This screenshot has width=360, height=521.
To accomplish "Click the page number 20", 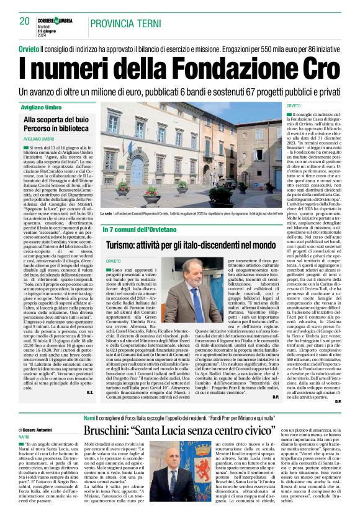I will (x=25, y=20).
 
